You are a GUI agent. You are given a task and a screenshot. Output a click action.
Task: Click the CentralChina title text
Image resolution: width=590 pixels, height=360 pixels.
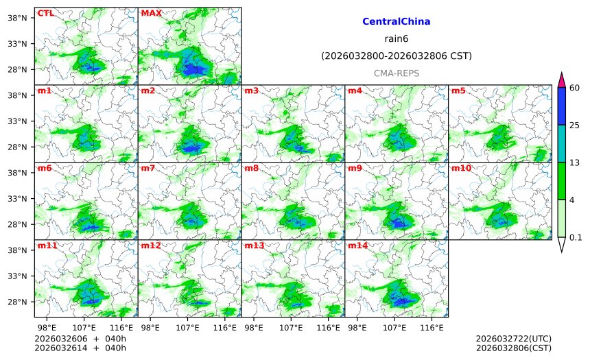click(396, 22)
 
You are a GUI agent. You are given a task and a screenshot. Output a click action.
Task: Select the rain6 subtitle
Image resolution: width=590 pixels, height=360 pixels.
click(396, 38)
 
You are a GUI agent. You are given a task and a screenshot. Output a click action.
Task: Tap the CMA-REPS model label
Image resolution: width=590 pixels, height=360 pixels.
click(396, 73)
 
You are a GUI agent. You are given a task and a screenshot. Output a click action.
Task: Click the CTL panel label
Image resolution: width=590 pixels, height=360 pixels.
click(45, 13)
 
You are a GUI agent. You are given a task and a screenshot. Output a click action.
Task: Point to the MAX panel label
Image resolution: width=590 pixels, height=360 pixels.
click(151, 13)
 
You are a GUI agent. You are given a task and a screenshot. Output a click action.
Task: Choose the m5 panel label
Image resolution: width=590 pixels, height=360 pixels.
click(458, 91)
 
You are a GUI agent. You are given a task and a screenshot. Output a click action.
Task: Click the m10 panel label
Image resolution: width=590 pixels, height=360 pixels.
click(461, 168)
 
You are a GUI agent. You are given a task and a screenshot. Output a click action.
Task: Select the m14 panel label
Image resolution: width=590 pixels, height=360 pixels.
click(357, 245)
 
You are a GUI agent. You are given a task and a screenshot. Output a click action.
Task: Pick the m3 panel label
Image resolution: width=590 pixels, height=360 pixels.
click(252, 91)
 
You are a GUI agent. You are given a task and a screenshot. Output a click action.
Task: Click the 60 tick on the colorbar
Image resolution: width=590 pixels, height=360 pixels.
click(575, 87)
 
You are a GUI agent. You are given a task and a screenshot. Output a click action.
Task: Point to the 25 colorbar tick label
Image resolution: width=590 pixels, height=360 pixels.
click(575, 125)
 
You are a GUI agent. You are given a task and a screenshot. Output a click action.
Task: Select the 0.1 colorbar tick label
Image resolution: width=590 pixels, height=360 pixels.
click(576, 238)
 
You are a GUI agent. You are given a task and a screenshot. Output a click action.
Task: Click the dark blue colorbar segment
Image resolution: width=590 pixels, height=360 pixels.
click(561, 106)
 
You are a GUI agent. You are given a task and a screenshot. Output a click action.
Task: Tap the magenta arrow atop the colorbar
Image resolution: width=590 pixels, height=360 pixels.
click(561, 79)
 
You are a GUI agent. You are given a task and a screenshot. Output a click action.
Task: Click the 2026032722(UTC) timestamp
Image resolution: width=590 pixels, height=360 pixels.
click(513, 339)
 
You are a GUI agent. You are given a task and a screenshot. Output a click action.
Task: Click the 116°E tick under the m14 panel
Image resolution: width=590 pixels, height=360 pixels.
click(432, 328)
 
